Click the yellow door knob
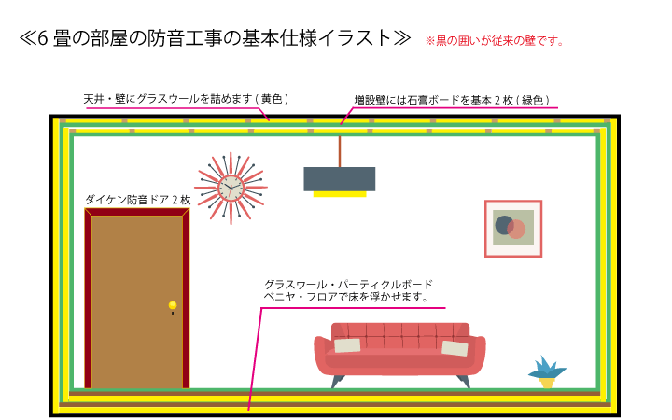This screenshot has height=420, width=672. click(173, 305)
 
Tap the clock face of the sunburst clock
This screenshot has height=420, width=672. click(231, 189)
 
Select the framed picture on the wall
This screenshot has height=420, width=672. click(513, 229)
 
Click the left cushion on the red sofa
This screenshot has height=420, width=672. click(347, 345)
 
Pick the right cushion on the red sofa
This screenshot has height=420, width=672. click(455, 348)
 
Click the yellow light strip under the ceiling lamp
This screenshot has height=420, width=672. click(339, 194)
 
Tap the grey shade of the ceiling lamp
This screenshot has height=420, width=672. click(339, 178)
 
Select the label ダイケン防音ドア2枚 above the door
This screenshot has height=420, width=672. click(137, 200)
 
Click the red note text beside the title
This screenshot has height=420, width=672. click(494, 41)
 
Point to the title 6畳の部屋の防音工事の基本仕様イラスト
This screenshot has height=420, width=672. click(215, 39)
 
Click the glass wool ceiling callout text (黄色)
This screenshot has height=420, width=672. click(186, 98)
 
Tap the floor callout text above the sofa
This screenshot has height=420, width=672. click(345, 290)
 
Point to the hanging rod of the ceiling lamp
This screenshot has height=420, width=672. click(339, 151)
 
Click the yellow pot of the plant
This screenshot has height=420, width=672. click(547, 382)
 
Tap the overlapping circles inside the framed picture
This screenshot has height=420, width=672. click(510, 227)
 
